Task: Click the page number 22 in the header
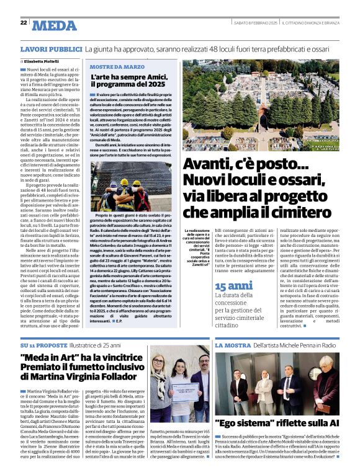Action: point(24,23)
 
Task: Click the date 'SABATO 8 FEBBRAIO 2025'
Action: point(255,23)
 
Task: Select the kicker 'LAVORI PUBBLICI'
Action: point(52,48)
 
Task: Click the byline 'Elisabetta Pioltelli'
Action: point(47,62)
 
